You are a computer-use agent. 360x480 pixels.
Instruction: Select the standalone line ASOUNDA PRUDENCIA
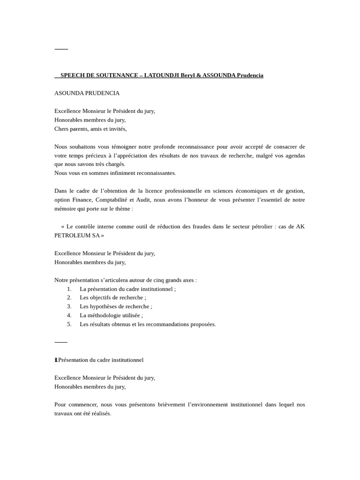pyautogui.click(x=87, y=93)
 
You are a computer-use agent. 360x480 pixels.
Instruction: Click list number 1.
pyautogui.click(x=69, y=289)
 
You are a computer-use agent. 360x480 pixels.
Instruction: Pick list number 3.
pyautogui.click(x=69, y=306)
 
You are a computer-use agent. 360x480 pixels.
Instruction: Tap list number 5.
pyautogui.click(x=69, y=324)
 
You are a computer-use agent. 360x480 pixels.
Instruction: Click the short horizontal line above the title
pyautogui.click(x=61, y=49)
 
